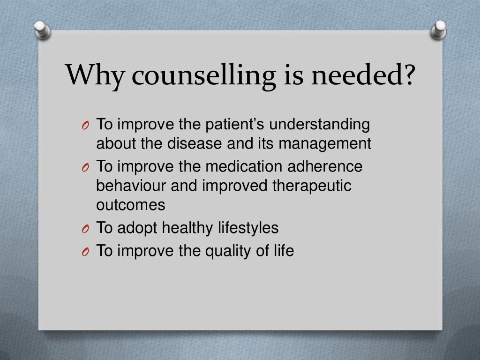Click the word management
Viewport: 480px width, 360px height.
click(x=325, y=144)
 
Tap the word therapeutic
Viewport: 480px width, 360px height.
click(x=312, y=186)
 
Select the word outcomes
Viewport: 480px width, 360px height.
click(x=131, y=205)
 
